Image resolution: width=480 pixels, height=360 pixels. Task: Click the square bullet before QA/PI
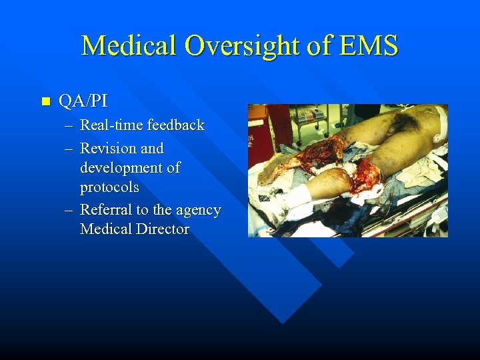[45, 102]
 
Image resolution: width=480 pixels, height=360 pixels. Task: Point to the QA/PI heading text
[83, 101]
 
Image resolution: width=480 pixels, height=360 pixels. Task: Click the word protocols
[109, 187]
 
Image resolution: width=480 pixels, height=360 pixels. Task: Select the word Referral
[106, 210]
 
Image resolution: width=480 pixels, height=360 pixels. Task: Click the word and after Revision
[152, 148]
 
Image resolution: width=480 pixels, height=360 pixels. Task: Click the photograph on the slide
[347, 170]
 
